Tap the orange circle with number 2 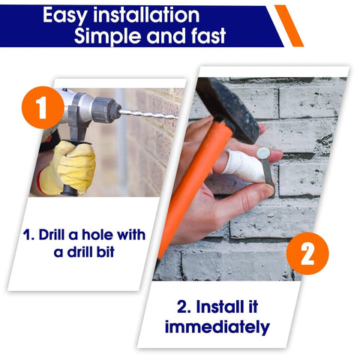click(307, 254)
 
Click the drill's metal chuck click(105, 110)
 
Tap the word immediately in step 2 click(217, 327)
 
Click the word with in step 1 click(133, 234)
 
